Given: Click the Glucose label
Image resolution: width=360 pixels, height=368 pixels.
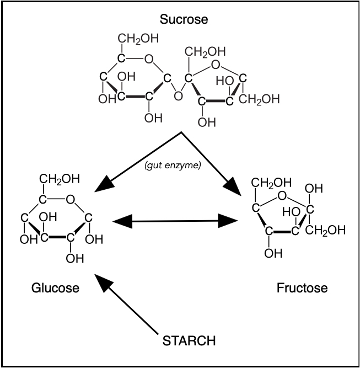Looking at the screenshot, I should tap(55, 287).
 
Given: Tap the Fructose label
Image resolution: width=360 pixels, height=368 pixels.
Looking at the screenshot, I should tap(303, 287).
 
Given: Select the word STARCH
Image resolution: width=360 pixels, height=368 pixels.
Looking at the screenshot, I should tap(189, 340).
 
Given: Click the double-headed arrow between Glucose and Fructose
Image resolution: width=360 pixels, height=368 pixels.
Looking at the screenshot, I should tap(175, 222).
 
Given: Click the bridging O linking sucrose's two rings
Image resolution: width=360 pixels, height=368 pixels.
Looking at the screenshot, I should tap(178, 96).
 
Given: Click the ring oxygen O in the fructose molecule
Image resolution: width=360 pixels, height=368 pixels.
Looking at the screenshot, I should tap(282, 195).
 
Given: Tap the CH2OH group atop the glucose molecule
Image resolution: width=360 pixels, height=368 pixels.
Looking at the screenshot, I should tap(59, 178).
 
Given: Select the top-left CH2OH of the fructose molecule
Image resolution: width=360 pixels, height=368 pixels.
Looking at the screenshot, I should tap(268, 183).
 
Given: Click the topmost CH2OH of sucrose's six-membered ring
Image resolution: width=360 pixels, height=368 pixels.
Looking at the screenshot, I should tap(138, 39).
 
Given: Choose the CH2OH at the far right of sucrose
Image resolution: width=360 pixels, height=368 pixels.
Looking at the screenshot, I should tap(260, 99).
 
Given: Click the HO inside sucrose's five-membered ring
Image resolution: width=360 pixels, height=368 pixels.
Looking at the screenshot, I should tap(224, 80).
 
